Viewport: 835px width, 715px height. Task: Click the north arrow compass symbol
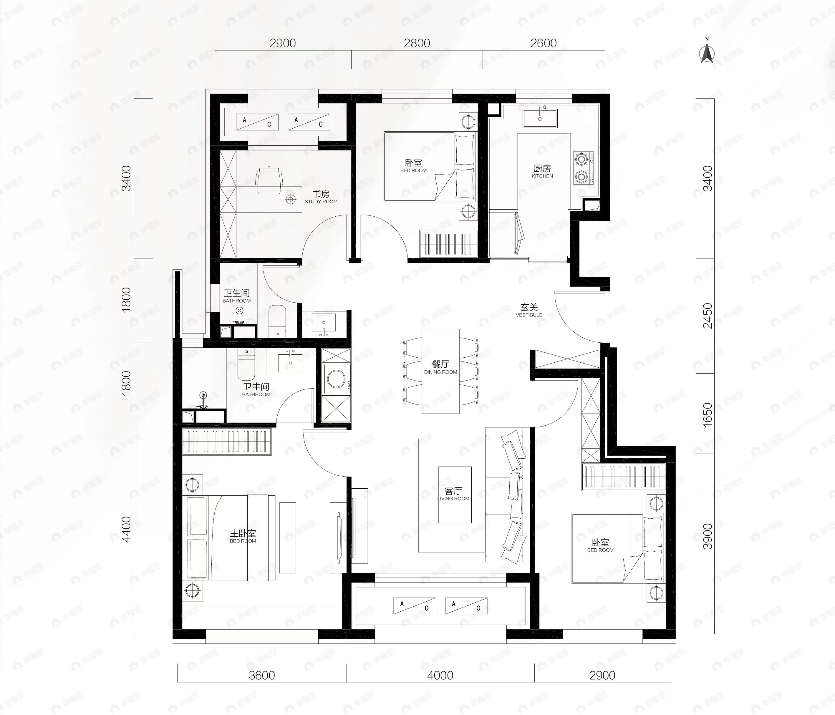(x=706, y=52)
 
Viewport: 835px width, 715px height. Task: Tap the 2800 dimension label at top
(x=417, y=43)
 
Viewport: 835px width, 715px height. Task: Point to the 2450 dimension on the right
(x=707, y=316)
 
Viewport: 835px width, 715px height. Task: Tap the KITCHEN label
(x=542, y=176)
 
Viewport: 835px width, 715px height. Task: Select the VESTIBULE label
(x=529, y=315)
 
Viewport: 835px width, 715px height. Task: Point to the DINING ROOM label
(x=440, y=372)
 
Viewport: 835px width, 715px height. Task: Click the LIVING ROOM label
(x=453, y=499)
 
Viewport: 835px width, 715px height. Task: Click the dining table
(x=440, y=371)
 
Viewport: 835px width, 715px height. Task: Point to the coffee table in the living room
(x=455, y=495)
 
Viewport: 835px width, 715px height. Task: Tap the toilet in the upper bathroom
(x=277, y=321)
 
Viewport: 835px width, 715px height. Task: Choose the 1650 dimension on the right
(x=707, y=414)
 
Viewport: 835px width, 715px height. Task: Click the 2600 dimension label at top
(x=543, y=43)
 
